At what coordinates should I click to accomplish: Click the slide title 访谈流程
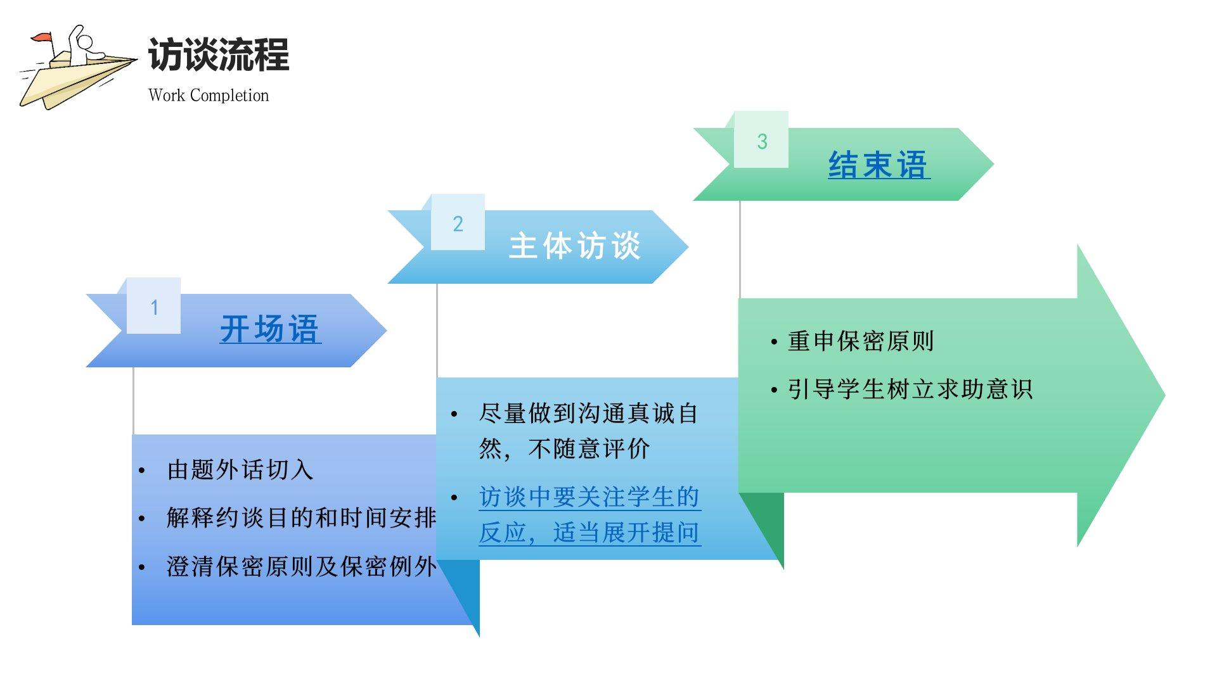[x=219, y=54]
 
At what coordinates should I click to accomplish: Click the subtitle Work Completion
[x=209, y=96]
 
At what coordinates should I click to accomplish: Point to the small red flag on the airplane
[x=42, y=39]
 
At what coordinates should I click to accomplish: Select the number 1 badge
[x=154, y=307]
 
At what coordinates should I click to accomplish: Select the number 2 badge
[x=458, y=224]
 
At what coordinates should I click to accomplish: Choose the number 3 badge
[x=762, y=141]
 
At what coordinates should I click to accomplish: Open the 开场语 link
[x=270, y=329]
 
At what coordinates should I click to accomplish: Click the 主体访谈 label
[x=575, y=246]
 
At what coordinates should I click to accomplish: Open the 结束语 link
[x=879, y=165]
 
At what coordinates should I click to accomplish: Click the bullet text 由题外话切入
[x=240, y=470]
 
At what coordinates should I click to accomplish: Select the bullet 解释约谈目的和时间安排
[x=302, y=518]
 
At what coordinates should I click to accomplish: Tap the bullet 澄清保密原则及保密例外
[x=302, y=567]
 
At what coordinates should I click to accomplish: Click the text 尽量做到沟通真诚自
[x=588, y=414]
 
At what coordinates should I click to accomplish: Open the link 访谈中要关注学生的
[x=589, y=497]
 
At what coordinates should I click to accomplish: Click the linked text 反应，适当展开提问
[x=589, y=533]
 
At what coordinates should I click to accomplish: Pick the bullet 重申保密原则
[x=860, y=341]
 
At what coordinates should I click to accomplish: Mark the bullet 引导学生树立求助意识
[x=910, y=389]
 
